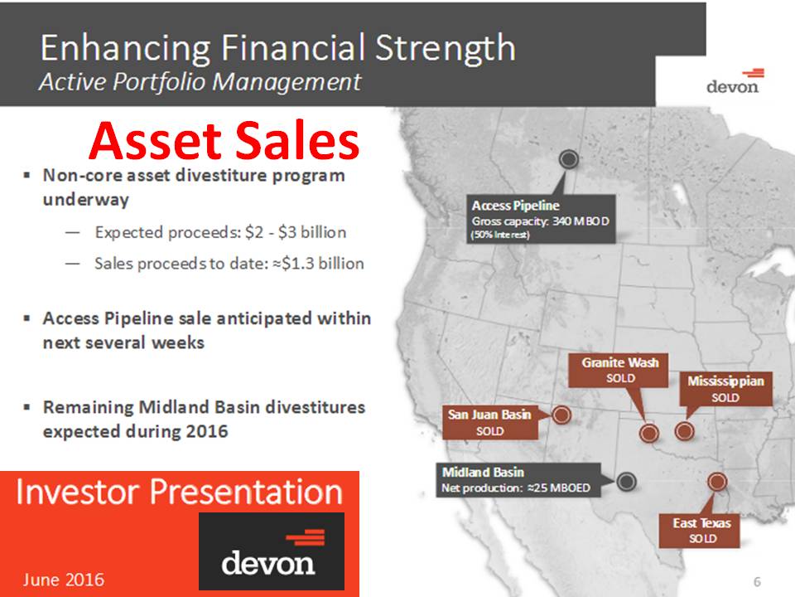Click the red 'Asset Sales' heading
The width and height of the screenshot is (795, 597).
coord(224,142)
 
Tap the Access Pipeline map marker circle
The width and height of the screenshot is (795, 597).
coord(569,159)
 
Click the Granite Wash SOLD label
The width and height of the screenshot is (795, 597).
coord(619,370)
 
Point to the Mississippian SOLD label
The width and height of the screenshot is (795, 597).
coord(725,389)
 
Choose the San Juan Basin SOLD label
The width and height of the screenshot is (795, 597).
coord(489,422)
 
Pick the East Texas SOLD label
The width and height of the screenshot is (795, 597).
coord(701,531)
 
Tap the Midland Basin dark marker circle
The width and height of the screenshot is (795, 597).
coord(626,481)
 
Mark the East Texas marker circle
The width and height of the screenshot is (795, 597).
coord(716,482)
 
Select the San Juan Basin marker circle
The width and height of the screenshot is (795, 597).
coord(561,415)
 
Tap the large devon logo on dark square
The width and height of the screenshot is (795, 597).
coord(271,551)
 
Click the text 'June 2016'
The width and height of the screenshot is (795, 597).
coord(64,579)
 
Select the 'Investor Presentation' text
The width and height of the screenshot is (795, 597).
coord(179,492)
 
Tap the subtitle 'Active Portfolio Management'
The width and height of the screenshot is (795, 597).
coord(200,83)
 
